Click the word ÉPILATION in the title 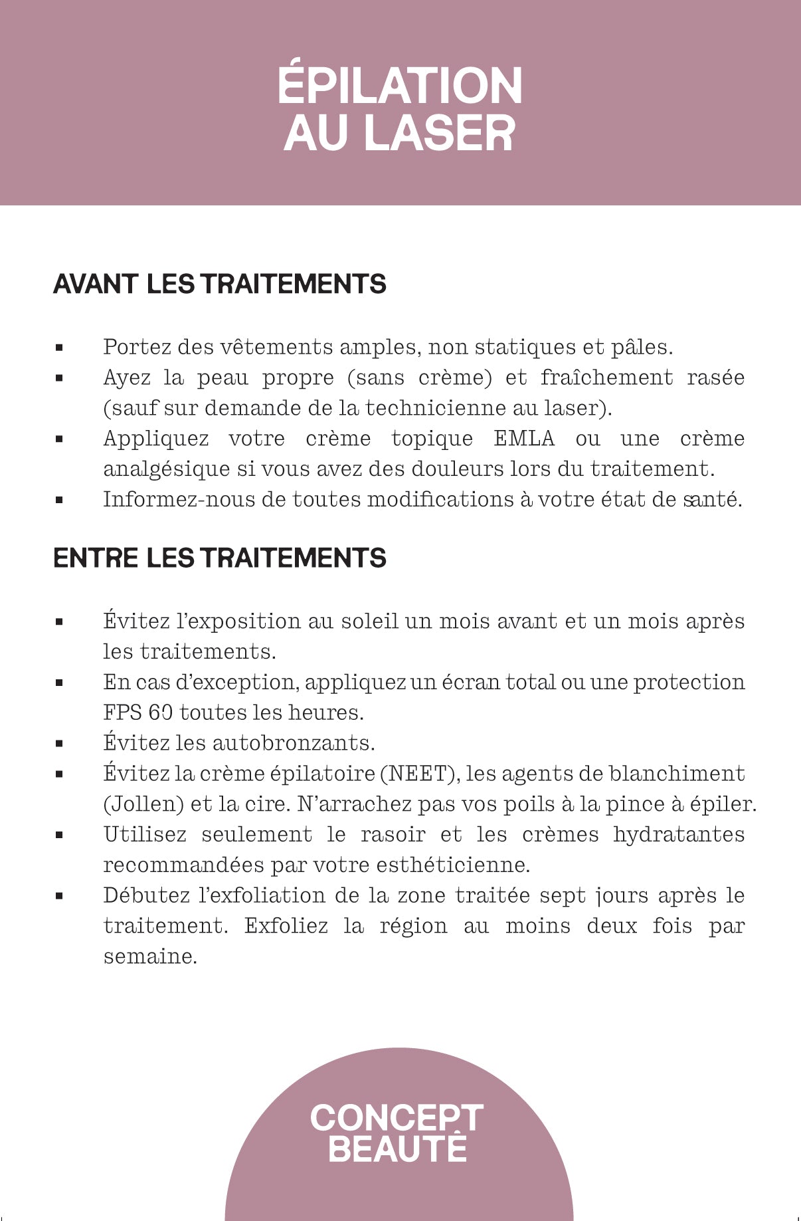pyautogui.click(x=400, y=86)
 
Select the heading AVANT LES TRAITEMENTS pyautogui.click(x=220, y=284)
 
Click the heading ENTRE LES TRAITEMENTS pyautogui.click(x=220, y=558)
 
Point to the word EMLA pyautogui.click(x=524, y=439)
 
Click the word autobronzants pyautogui.click(x=294, y=743)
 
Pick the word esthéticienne pyautogui.click(x=452, y=865)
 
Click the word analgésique pyautogui.click(x=167, y=470)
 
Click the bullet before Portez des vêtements pyautogui.click(x=59, y=348)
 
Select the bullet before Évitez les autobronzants pyautogui.click(x=59, y=744)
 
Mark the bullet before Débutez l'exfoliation pyautogui.click(x=59, y=896)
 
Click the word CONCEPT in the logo pyautogui.click(x=397, y=1118)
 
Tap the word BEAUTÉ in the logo pyautogui.click(x=398, y=1149)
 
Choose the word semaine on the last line pyautogui.click(x=150, y=957)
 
